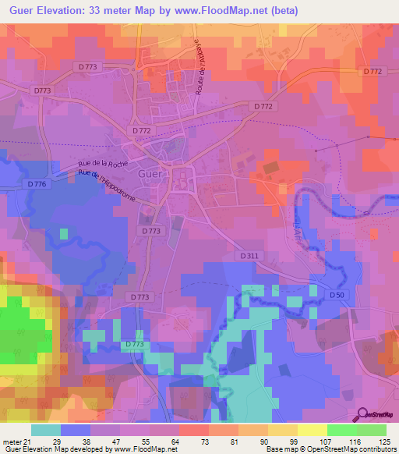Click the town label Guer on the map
[150, 175]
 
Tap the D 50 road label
[336, 295]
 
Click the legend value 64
[178, 441]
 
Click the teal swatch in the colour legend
[45, 430]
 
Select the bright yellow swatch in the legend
[312, 430]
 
